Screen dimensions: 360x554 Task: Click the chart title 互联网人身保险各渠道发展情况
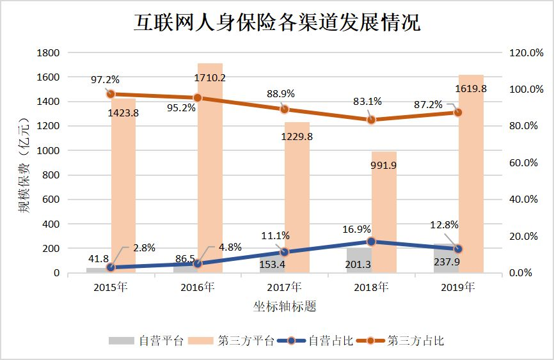[277, 24]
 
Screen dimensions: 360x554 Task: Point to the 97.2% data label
[105, 80]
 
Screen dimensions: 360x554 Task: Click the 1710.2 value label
[210, 79]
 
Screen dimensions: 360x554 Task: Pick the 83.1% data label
[368, 101]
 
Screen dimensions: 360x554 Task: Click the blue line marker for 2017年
[284, 252]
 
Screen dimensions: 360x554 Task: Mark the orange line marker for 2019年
[457, 113]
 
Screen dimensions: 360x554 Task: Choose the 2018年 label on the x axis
[371, 287]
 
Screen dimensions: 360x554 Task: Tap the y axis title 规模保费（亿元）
[24, 164]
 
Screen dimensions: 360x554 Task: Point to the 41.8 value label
[97, 259]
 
